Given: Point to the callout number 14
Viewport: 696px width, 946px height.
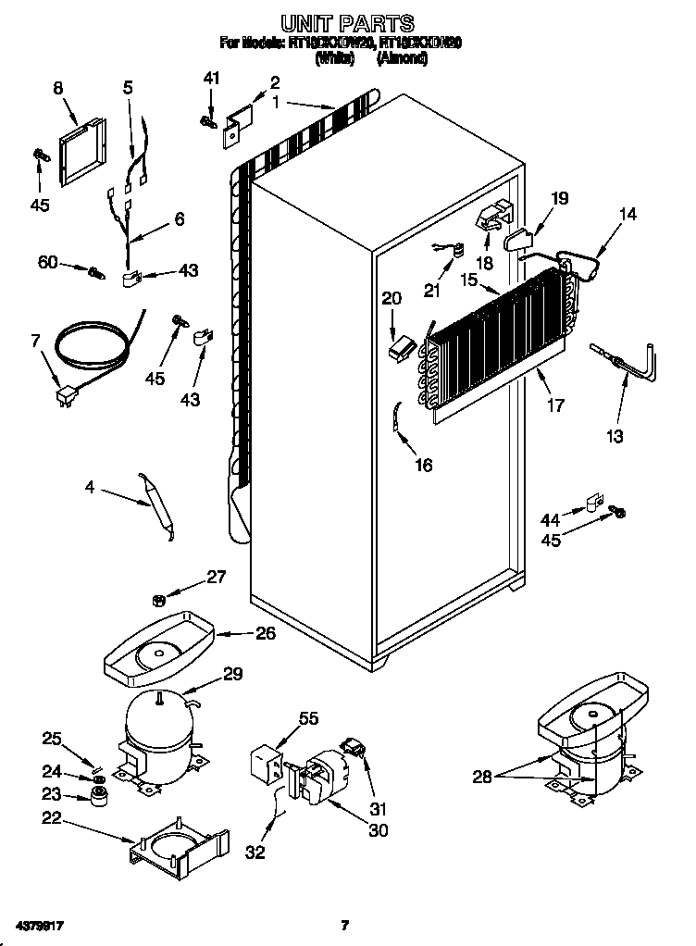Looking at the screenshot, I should click(628, 215).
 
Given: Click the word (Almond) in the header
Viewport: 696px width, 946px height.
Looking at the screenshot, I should click(402, 58).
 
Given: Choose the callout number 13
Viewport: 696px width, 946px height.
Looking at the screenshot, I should click(615, 435).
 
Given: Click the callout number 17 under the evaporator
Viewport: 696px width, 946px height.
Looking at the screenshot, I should click(557, 405).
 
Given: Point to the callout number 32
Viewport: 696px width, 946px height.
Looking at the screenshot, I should click(256, 852).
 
